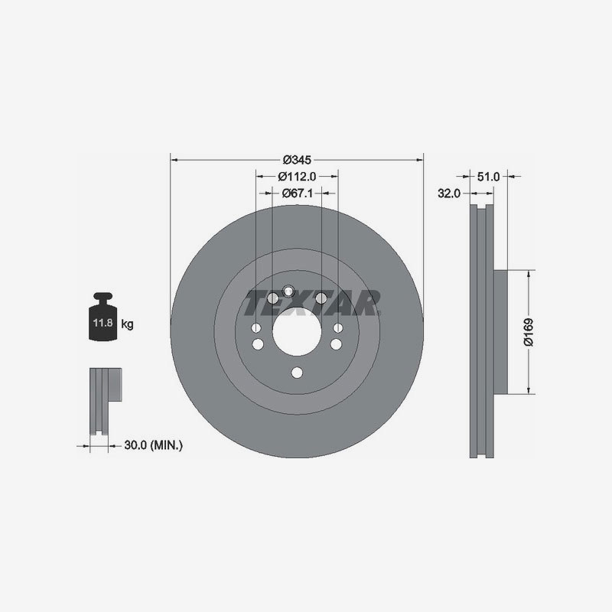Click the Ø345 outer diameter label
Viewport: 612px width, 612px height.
pos(297,160)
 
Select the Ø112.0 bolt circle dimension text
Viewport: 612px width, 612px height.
pos(297,177)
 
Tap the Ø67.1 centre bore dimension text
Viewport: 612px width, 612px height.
pos(298,193)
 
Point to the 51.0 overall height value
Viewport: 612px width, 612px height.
pos(488,177)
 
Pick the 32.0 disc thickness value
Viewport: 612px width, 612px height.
pos(449,194)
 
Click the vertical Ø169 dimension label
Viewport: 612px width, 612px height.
pos(529,332)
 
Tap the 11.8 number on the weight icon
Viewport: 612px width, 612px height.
pos(103,323)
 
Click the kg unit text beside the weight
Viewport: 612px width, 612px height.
pos(127,324)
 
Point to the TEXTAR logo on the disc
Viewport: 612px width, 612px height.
pos(312,302)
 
